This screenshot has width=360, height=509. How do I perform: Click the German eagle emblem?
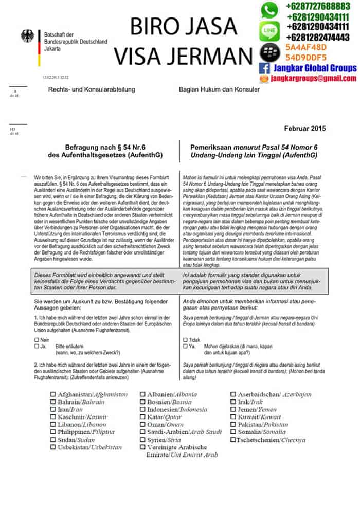(x=27, y=35)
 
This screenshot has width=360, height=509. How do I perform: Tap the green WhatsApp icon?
(x=269, y=10)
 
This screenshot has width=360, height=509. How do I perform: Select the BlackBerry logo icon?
(x=267, y=51)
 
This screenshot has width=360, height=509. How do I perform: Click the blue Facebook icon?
(x=265, y=68)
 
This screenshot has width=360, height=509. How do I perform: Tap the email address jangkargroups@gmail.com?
(x=313, y=78)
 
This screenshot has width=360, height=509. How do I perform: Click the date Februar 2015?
(x=304, y=129)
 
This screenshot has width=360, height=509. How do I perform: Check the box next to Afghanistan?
(x=53, y=395)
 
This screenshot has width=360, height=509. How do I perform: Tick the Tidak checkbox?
(x=185, y=340)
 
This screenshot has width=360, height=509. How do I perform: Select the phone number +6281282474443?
(x=318, y=38)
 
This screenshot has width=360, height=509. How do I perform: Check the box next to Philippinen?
(x=53, y=432)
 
